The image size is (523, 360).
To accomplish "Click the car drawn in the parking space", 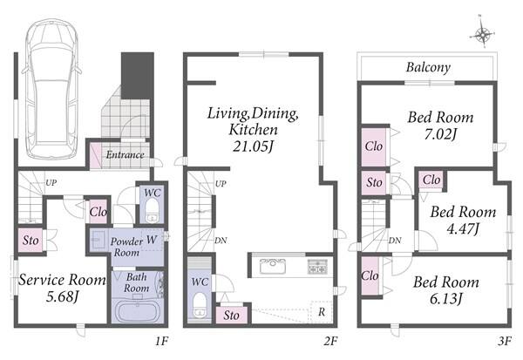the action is (x=51, y=88).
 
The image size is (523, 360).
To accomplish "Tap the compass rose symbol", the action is (x=482, y=34).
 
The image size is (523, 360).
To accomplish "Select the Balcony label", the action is (x=428, y=68).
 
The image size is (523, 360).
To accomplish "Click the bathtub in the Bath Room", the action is (x=137, y=311).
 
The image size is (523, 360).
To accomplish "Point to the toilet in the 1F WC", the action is (x=153, y=210).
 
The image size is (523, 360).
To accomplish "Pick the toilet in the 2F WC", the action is (x=200, y=304).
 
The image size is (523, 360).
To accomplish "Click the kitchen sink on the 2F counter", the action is (x=273, y=266).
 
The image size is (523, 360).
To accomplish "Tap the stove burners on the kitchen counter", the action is (x=317, y=266).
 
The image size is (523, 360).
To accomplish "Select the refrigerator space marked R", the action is (x=322, y=312).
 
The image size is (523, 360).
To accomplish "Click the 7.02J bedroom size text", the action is (x=440, y=133).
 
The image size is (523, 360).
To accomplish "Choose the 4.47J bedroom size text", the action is (x=463, y=229).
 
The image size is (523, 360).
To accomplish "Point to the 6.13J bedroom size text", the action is (x=446, y=298).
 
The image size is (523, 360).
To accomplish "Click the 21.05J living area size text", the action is (x=253, y=146).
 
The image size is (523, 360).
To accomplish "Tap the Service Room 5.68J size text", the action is (x=62, y=296).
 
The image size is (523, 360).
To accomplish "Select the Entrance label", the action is (x=125, y=155).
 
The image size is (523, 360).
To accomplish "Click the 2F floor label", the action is (x=330, y=341).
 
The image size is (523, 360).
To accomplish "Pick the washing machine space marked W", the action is (x=152, y=240).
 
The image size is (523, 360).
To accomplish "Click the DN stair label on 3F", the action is (x=395, y=241).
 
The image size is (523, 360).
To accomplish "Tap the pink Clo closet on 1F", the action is (x=98, y=212).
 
